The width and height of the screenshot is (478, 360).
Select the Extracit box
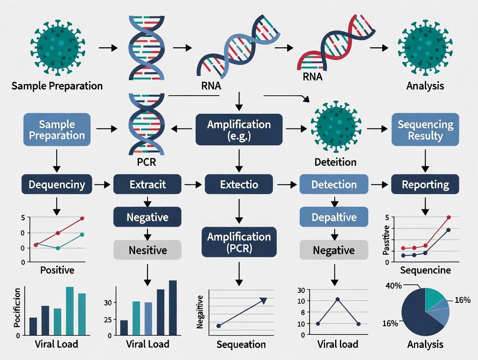(147, 185)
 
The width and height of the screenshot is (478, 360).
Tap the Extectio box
(239, 185)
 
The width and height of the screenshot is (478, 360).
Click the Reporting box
(425, 185)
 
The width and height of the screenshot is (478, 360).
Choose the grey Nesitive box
(147, 250)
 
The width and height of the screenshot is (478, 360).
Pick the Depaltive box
(334, 217)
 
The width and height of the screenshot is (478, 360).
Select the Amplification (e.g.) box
(239, 130)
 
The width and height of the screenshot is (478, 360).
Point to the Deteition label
(336, 162)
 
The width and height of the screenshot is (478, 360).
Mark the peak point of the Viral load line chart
(338, 299)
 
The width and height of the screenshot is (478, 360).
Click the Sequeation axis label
(241, 344)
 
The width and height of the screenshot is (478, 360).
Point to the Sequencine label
(425, 271)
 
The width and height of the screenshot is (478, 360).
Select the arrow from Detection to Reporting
(380, 185)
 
